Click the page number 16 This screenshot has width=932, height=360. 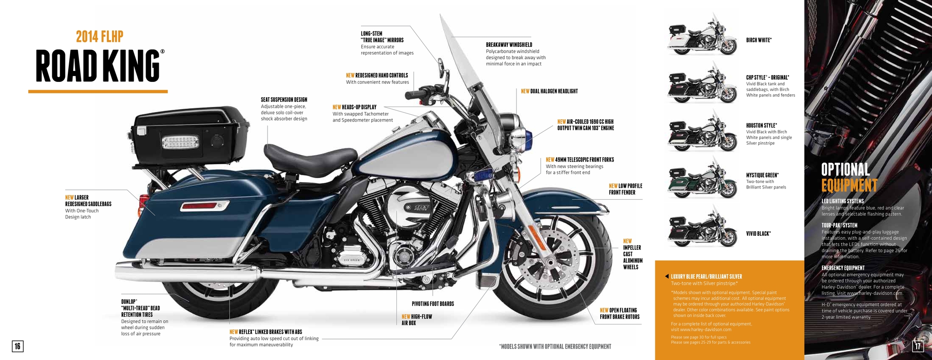pyautogui.click(x=17, y=346)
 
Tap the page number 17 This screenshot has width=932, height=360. pyautogui.click(x=917, y=346)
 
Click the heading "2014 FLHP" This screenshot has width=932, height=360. pyautogui.click(x=100, y=36)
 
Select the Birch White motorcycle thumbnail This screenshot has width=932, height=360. pyautogui.click(x=702, y=39)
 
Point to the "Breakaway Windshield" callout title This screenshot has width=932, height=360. pyautogui.click(x=509, y=45)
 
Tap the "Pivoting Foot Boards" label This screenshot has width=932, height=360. pyautogui.click(x=433, y=304)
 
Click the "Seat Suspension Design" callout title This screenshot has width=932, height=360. pyautogui.click(x=284, y=100)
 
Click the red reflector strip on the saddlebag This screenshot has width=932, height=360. pyautogui.click(x=204, y=207)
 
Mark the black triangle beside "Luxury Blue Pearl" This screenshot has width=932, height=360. pyautogui.click(x=667, y=276)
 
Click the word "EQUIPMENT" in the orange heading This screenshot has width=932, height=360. pyautogui.click(x=849, y=185)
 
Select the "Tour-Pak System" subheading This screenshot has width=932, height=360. pyautogui.click(x=839, y=225)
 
